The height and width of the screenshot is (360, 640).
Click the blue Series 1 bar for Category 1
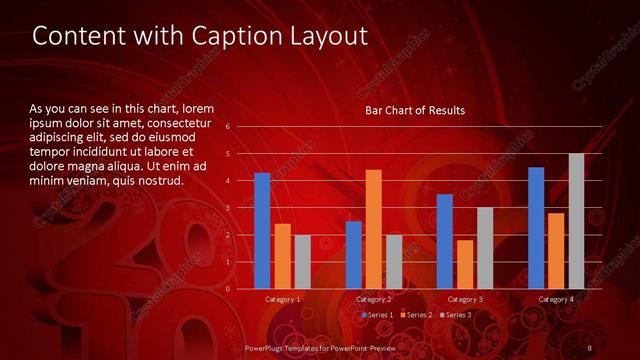(x=262, y=231)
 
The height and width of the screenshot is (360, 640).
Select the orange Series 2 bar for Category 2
(x=373, y=229)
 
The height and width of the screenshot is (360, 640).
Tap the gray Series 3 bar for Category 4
(x=576, y=221)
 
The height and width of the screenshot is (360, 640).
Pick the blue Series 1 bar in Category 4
(x=536, y=228)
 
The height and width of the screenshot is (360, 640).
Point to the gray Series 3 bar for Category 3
(x=484, y=248)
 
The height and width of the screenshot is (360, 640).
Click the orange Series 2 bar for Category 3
(x=465, y=264)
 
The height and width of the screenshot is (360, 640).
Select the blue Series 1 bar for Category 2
(x=354, y=255)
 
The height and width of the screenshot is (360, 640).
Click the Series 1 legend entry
(x=378, y=315)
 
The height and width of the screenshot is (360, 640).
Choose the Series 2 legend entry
(x=417, y=315)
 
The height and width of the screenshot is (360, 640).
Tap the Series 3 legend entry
(x=455, y=315)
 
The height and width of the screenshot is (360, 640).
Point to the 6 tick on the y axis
(x=229, y=127)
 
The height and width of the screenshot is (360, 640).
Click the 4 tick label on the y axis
(x=229, y=181)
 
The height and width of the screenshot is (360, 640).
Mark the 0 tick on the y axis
(x=229, y=289)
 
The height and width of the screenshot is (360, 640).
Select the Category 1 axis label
(x=283, y=299)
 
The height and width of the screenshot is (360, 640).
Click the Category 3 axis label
(x=464, y=299)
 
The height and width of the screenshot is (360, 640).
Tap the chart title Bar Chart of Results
(x=414, y=110)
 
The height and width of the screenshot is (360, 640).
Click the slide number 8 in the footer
(x=590, y=347)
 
